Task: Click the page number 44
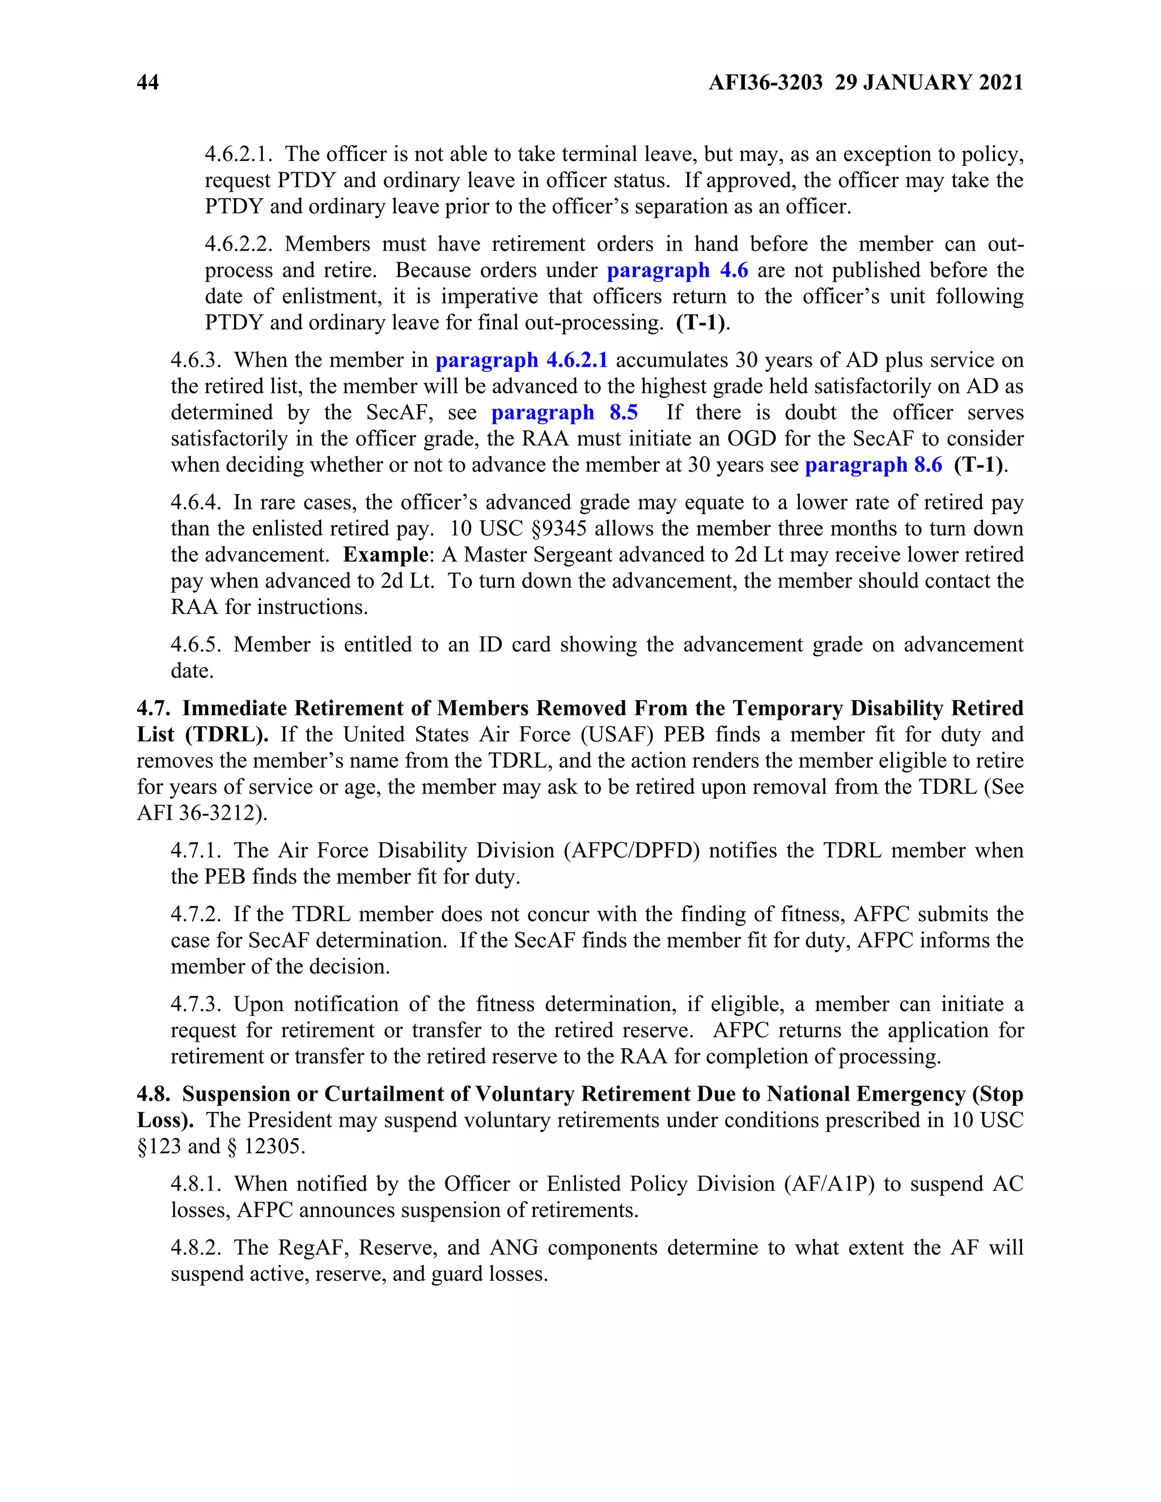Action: (x=148, y=83)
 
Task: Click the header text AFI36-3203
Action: (x=765, y=83)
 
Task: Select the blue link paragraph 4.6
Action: (x=677, y=270)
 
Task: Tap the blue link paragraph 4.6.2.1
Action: (x=522, y=360)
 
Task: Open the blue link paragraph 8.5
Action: (x=564, y=413)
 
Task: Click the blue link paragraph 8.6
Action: (x=873, y=465)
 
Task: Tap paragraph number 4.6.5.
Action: (x=196, y=645)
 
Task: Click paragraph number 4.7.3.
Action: (x=196, y=1005)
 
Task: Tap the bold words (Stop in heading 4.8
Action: (x=997, y=1094)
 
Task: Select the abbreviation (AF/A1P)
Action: (x=828, y=1184)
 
